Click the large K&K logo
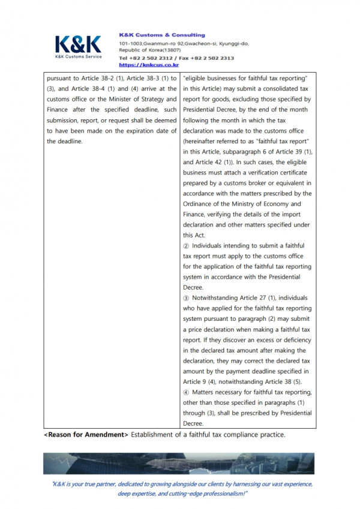(79, 45)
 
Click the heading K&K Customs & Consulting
(162, 35)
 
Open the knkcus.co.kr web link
(149, 65)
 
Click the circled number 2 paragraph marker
(187, 246)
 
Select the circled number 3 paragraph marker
(187, 298)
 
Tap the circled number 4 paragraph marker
(187, 392)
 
